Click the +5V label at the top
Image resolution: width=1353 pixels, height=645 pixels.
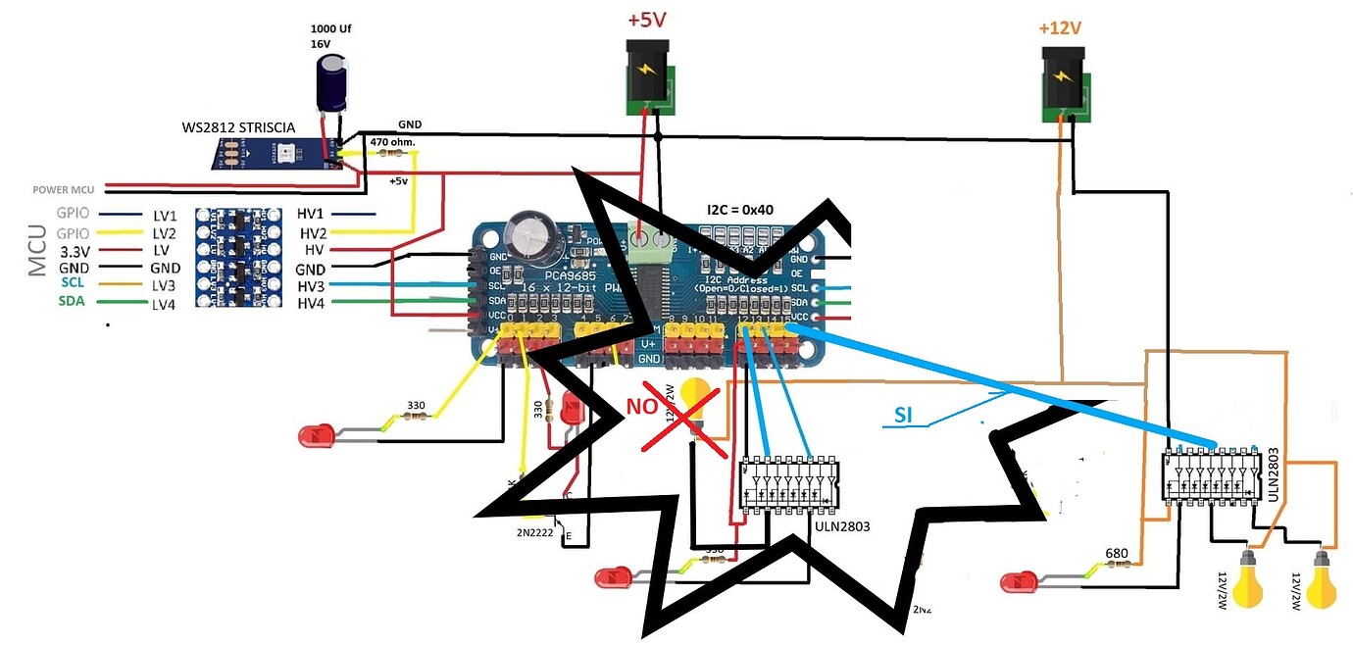(648, 21)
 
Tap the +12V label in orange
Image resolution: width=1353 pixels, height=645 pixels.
(1062, 27)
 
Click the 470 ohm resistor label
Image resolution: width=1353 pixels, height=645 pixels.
(392, 141)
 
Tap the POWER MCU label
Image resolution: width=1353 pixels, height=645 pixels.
(63, 190)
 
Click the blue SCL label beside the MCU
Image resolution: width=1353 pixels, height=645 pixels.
(73, 282)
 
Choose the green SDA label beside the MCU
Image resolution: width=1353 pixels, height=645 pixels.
(73, 301)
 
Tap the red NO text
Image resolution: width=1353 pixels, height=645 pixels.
(647, 404)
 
